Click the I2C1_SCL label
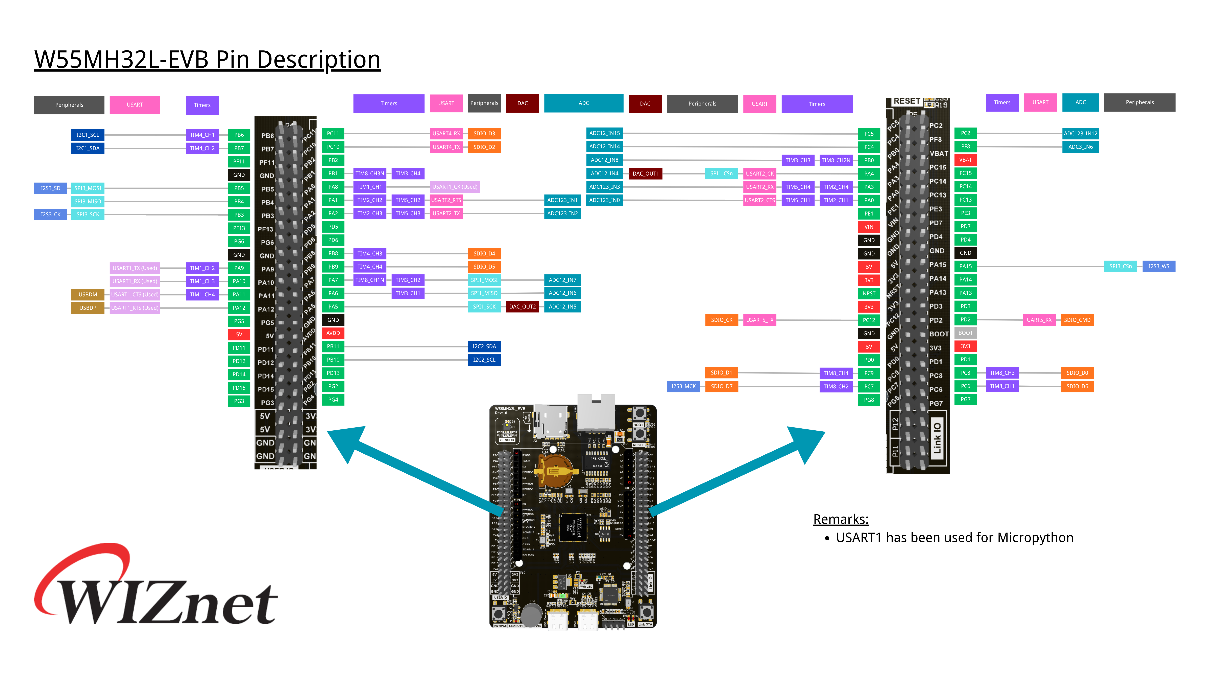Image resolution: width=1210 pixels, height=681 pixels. [88, 135]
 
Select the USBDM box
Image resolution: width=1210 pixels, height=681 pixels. [88, 295]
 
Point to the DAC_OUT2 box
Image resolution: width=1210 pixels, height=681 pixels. [522, 307]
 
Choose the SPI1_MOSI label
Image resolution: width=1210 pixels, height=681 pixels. [484, 280]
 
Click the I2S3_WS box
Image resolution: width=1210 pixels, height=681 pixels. [1159, 267]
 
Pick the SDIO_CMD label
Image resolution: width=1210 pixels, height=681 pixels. [1077, 320]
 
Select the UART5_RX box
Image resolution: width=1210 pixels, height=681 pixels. [1039, 320]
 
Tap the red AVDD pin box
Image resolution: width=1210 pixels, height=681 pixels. [333, 333]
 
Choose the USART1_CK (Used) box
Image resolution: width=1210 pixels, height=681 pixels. [455, 187]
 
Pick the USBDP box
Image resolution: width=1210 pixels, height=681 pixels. [88, 308]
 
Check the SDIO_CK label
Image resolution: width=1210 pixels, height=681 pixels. [722, 320]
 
